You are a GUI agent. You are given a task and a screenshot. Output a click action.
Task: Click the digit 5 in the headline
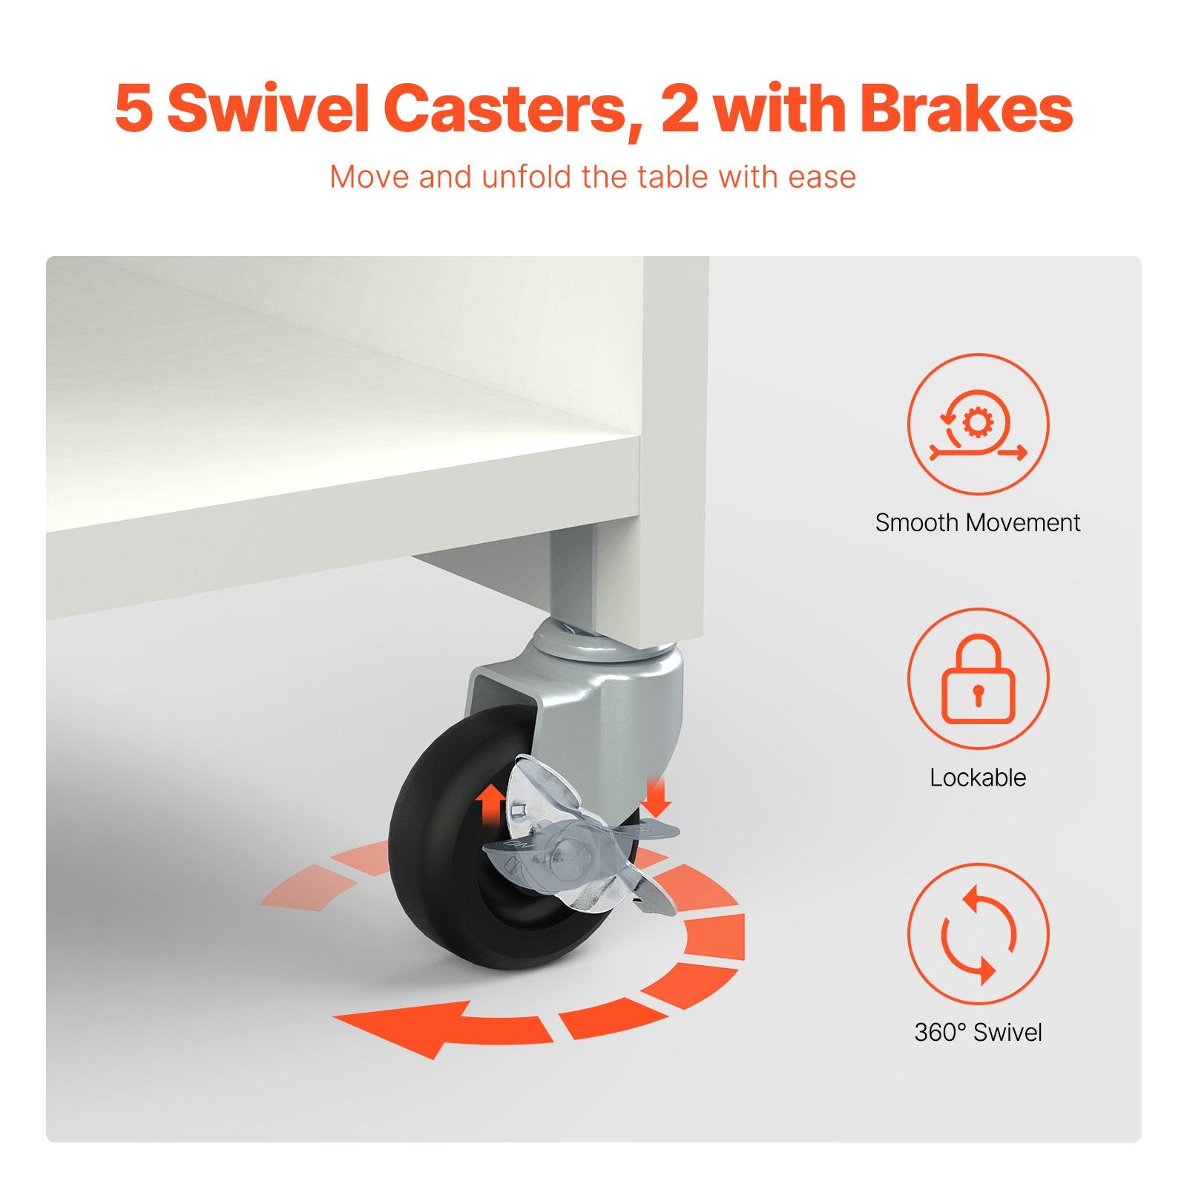click(x=134, y=109)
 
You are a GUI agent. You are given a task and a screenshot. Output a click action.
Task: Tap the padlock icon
click(x=978, y=679)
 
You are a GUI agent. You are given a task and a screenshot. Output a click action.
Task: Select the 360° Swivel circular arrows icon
click(x=978, y=933)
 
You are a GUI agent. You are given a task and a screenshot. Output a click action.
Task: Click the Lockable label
click(x=978, y=777)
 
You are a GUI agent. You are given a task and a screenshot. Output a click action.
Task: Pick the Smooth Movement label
click(x=978, y=522)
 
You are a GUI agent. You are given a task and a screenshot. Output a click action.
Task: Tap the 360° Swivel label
click(x=978, y=1032)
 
